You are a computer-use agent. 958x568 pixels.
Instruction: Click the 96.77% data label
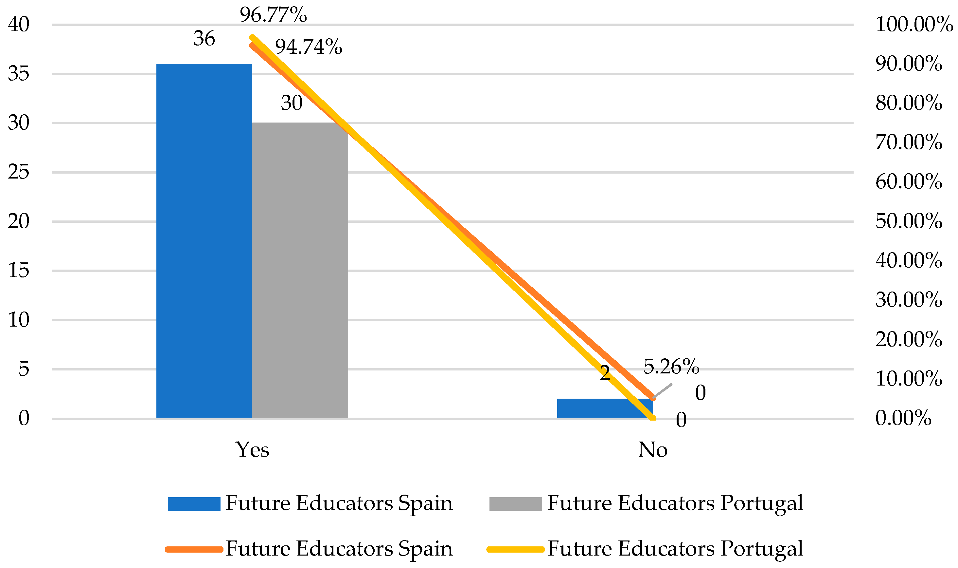273,15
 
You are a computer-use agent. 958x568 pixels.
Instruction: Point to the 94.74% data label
309,47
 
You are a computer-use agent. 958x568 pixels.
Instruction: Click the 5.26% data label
671,367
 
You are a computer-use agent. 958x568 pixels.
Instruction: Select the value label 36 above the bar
204,39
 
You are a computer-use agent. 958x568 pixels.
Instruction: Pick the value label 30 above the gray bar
292,103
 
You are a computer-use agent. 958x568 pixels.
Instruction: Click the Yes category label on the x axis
252,450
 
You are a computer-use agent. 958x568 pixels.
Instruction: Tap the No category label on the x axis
652,450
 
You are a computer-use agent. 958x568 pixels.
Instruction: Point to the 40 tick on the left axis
18,25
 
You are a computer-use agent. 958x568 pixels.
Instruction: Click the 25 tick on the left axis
18,172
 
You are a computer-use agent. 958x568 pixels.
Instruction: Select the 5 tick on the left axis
24,369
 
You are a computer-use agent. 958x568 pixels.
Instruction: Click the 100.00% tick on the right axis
914,25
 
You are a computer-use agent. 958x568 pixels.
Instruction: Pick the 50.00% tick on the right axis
909,221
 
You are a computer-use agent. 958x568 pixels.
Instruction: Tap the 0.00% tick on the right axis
903,418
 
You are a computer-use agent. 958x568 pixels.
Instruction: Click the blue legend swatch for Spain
194,504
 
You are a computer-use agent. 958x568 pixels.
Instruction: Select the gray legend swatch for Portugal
515,504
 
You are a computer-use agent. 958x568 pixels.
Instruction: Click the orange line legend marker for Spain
194,550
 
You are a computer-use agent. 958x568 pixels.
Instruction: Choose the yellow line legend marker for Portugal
515,550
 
